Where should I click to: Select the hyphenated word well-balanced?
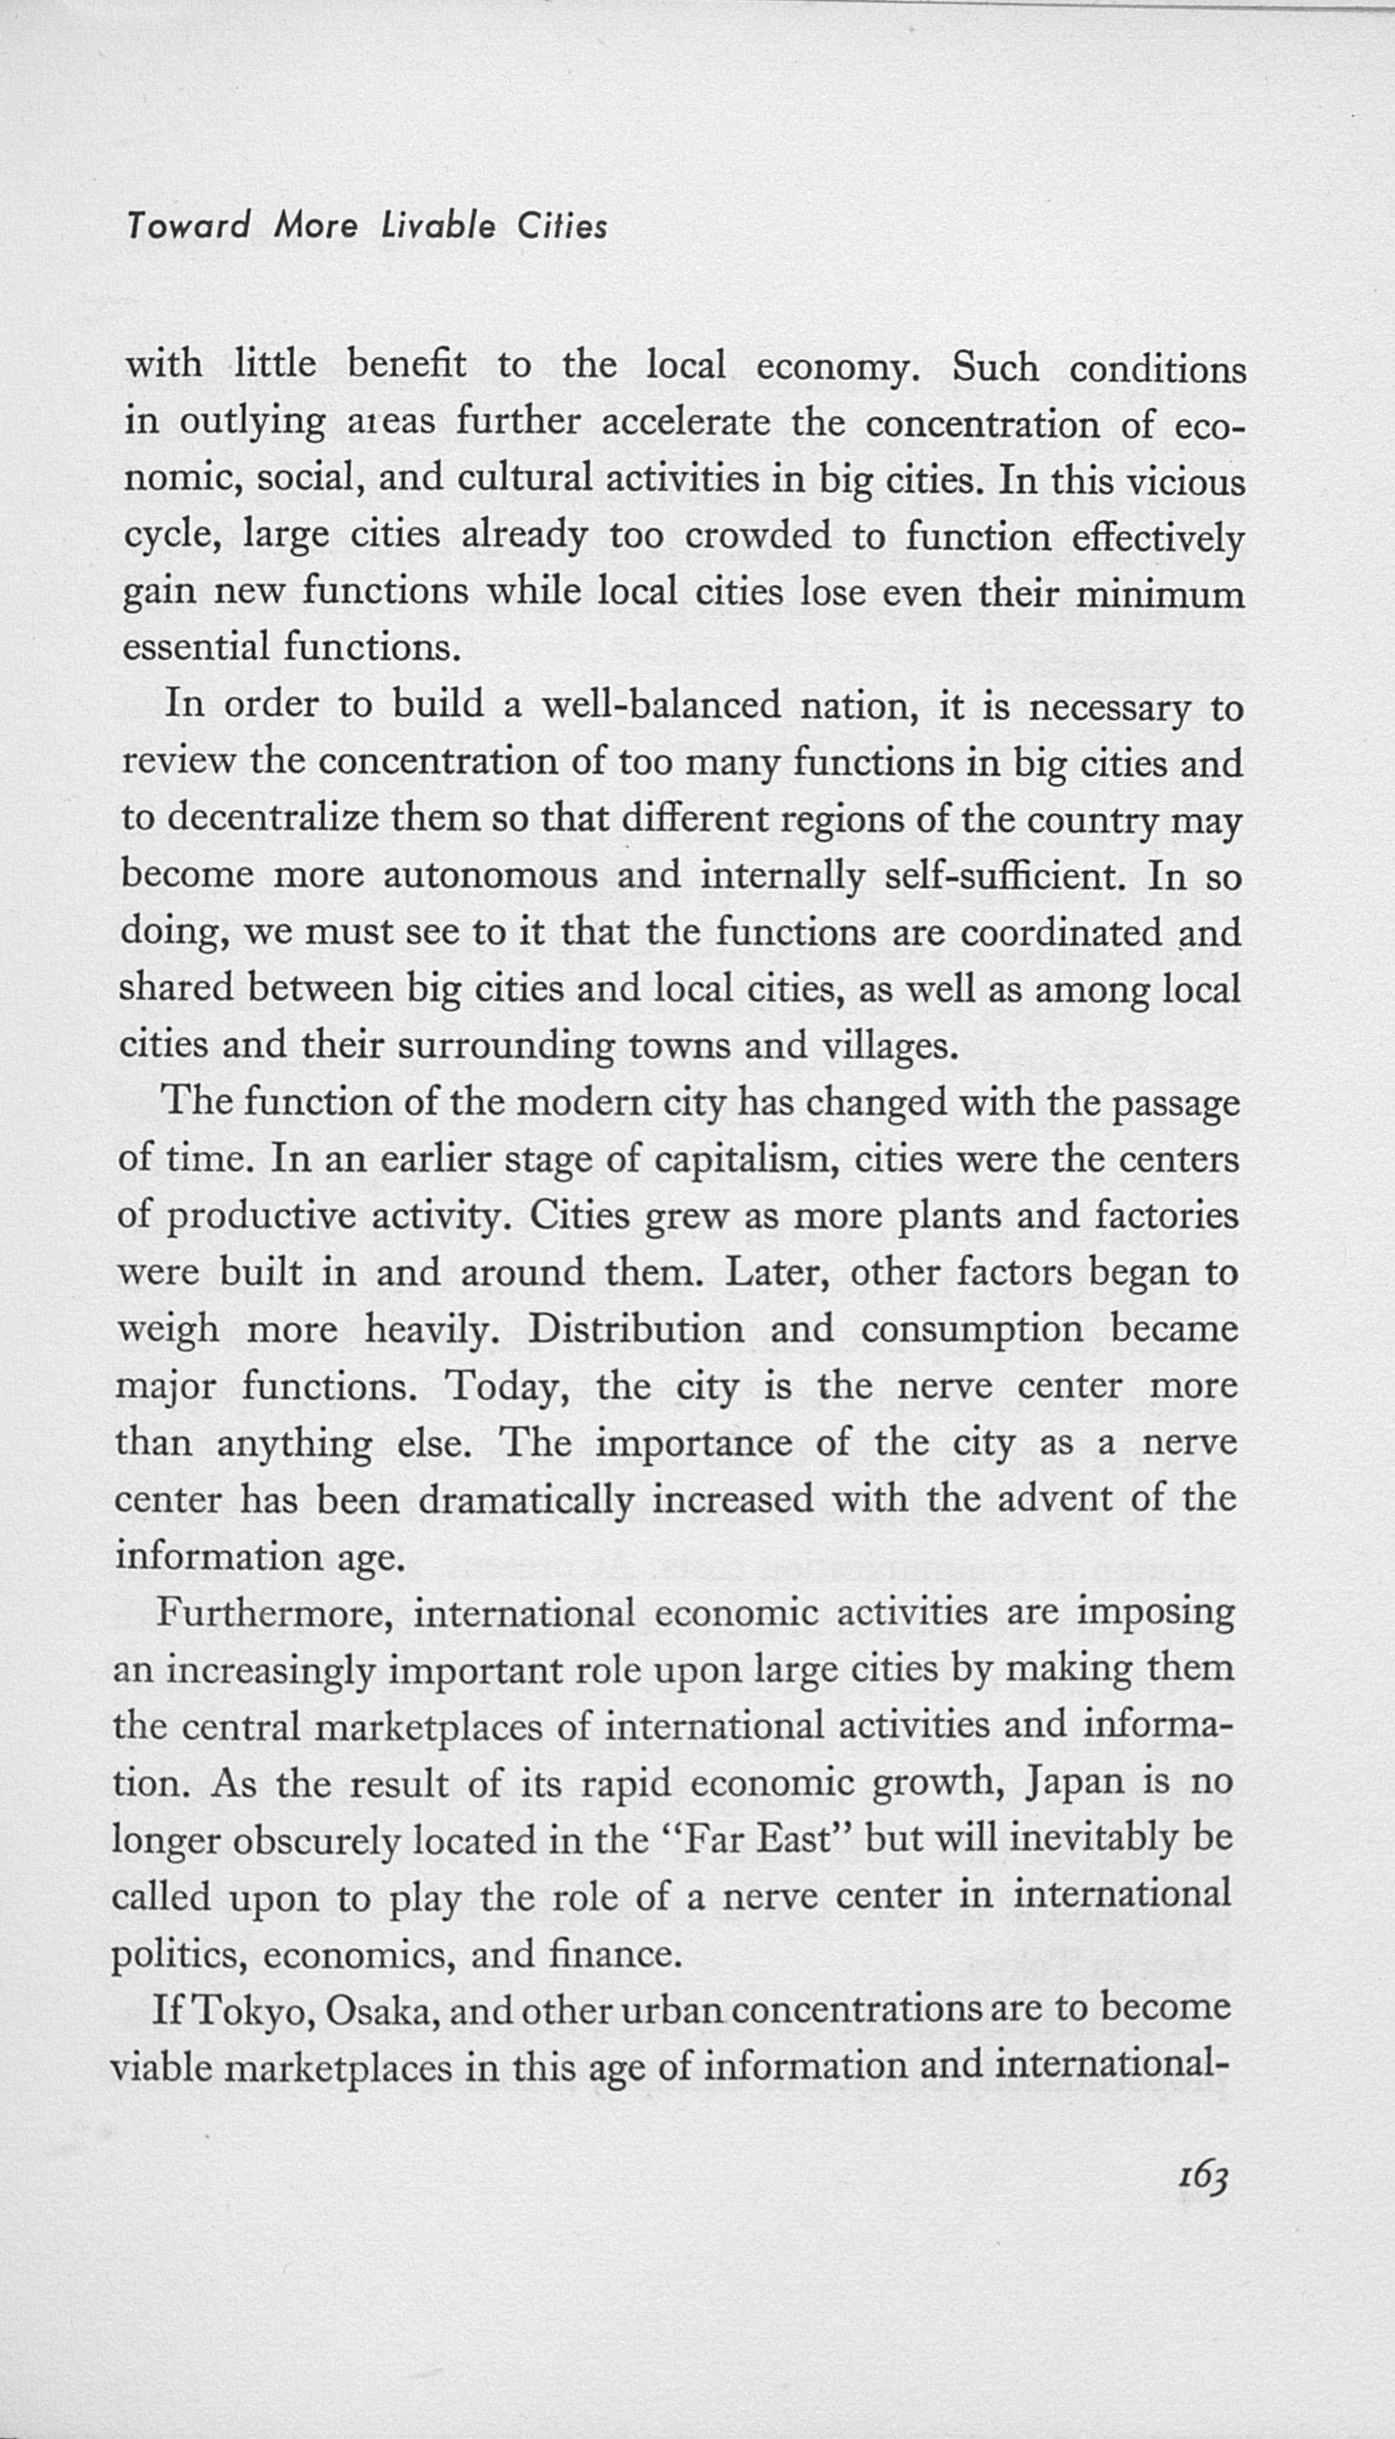click(660, 705)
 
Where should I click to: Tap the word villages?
click(890, 1046)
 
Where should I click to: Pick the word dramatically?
click(526, 1500)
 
